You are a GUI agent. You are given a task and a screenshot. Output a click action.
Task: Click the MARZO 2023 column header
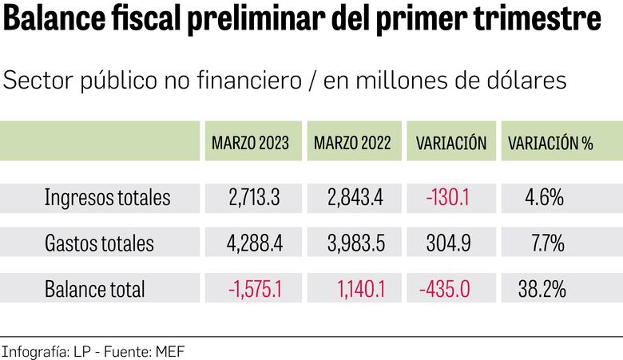(251, 144)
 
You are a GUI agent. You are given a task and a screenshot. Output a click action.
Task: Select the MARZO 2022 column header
(352, 144)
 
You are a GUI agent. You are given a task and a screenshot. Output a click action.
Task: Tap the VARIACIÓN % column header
(550, 144)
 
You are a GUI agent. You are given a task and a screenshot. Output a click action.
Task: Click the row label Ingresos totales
(107, 198)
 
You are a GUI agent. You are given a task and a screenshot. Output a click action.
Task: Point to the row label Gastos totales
(99, 243)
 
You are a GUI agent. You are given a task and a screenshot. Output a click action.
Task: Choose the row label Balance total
(95, 289)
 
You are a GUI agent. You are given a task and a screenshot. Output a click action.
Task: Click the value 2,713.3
(253, 198)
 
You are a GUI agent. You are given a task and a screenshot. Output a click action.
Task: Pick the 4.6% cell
(545, 198)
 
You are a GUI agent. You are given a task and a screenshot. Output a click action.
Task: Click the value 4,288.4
(253, 243)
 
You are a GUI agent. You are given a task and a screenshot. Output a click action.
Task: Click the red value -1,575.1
(255, 289)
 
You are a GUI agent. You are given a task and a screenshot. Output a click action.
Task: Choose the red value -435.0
(445, 289)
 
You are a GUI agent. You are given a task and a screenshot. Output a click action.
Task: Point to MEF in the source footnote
(169, 350)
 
